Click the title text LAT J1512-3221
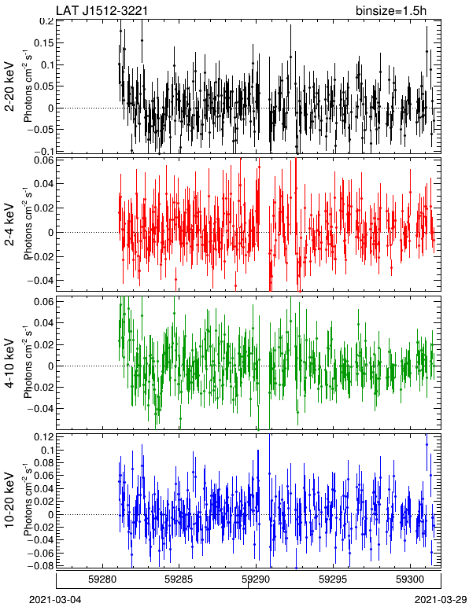pos(102,10)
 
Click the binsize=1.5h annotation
pos(391,10)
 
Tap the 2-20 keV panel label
pos(9,86)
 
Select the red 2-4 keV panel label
pos(9,224)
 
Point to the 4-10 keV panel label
pos(9,363)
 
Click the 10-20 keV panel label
pos(9,499)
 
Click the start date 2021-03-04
pos(56,600)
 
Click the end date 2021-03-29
pos(441,600)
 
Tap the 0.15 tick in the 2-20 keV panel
pos(43,43)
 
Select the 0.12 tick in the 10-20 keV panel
pos(43,437)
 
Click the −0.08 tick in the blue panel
pos(40,566)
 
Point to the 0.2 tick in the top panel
pos(46,21)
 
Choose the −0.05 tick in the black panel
pos(40,129)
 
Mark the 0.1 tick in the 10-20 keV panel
pos(46,451)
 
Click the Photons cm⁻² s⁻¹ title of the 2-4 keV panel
pos(28,224)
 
